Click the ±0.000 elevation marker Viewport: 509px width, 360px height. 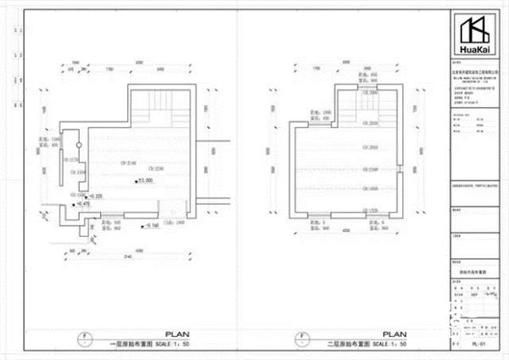144,180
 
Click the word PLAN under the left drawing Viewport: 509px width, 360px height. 176,335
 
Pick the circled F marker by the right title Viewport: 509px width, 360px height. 303,338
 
